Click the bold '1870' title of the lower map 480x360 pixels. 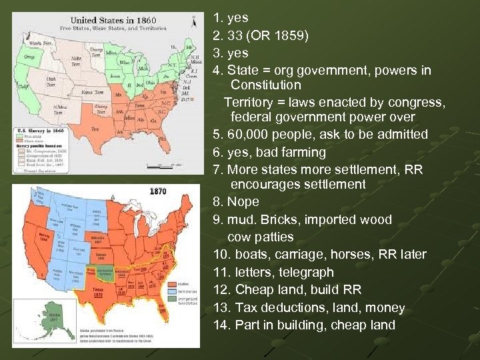pos(158,191)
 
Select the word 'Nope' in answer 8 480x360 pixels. pos(243,202)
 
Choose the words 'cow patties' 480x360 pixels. pos(260,237)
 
